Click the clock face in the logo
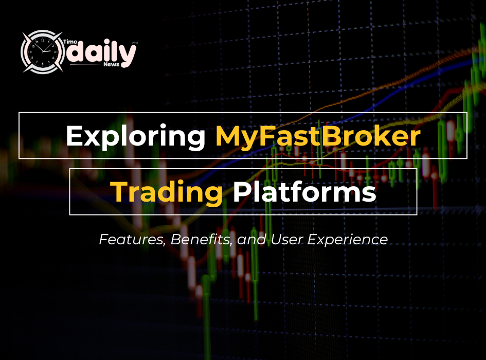click(43, 51)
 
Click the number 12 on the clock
click(43, 40)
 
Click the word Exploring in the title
click(135, 136)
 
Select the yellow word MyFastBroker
click(317, 136)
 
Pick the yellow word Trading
click(168, 192)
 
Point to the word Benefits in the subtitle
click(202, 239)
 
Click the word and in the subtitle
click(247, 239)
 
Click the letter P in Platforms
click(242, 192)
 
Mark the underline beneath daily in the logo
click(85, 65)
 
